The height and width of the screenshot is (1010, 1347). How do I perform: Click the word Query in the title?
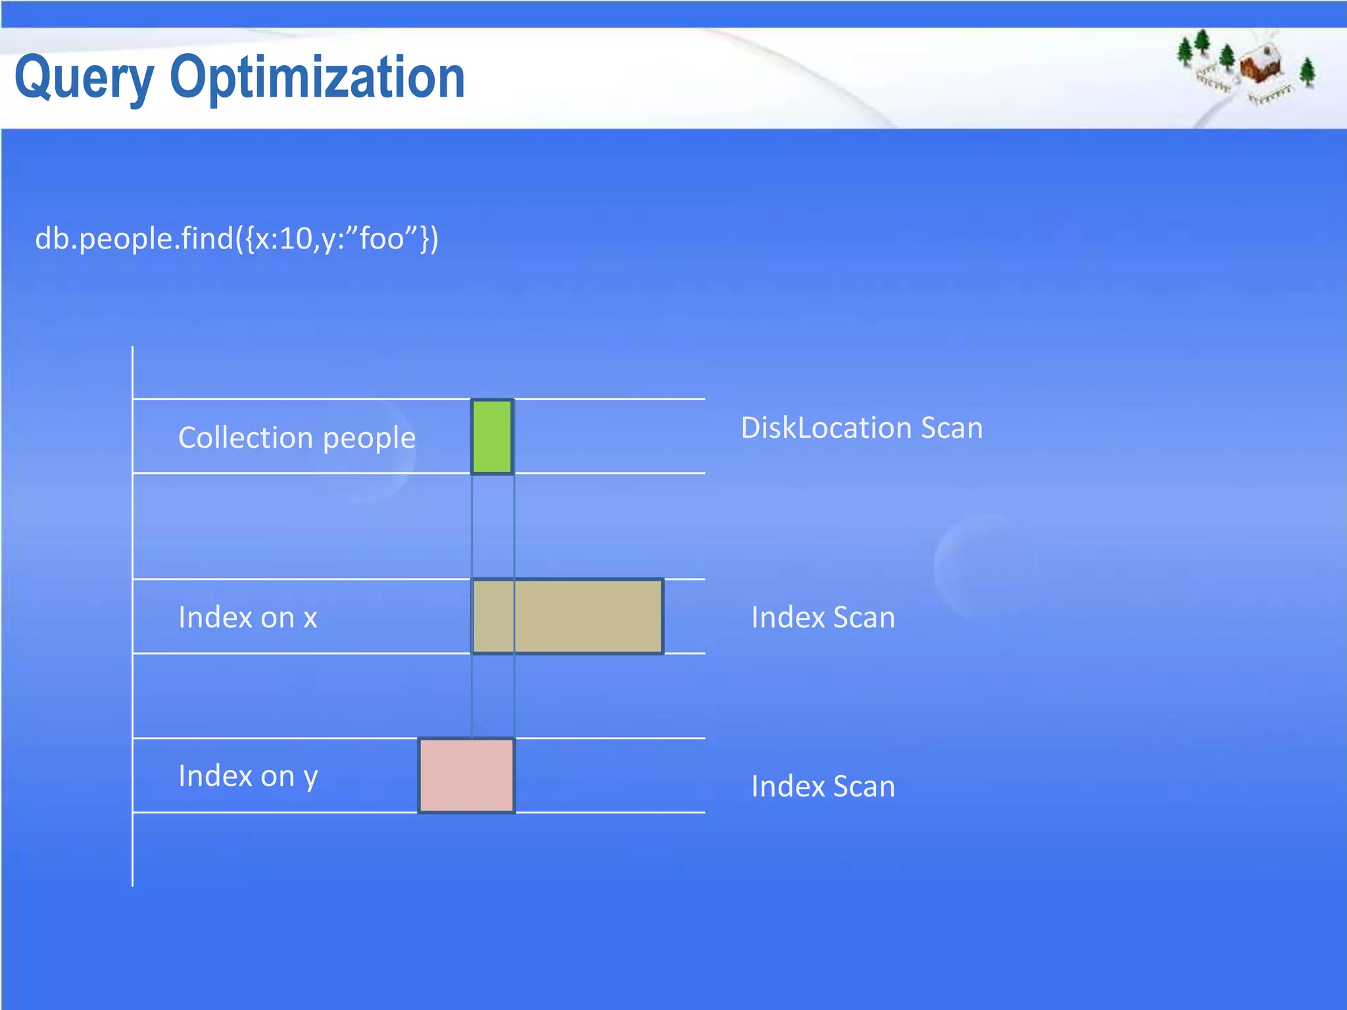point(84,79)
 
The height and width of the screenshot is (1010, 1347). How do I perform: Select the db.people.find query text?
point(237,238)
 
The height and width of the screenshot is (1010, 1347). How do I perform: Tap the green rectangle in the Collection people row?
point(492,436)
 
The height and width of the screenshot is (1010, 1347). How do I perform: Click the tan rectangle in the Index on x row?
point(568,616)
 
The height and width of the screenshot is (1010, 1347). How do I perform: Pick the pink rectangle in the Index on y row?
point(466,775)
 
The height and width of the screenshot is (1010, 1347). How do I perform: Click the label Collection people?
point(297,438)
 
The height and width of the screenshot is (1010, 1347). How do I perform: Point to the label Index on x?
point(248,617)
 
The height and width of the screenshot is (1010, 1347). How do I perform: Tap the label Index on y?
point(248,777)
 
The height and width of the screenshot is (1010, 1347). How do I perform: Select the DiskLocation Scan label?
point(862,428)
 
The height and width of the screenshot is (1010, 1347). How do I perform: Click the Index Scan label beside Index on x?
point(823,617)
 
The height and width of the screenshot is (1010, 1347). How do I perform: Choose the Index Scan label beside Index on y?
point(823,786)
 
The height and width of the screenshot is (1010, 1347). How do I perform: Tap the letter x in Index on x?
point(310,619)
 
